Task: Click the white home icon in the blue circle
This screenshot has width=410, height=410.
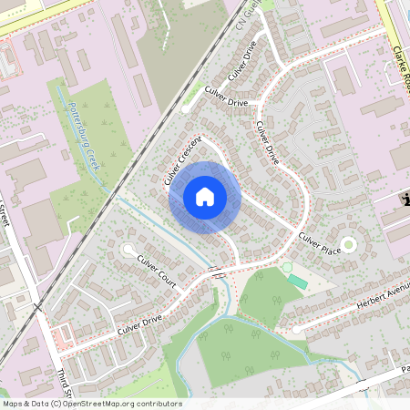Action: coord(205,196)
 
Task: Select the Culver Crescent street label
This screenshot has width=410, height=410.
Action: coord(182,162)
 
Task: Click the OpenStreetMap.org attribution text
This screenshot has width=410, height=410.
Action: coord(128,403)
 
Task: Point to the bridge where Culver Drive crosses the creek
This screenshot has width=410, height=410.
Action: coord(216,272)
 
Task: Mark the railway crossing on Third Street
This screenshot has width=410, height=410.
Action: coord(39,309)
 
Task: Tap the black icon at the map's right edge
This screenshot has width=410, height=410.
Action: coord(404,200)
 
